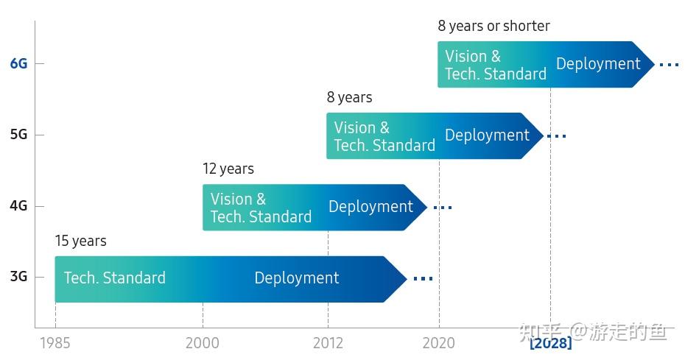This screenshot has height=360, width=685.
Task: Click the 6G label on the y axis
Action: [18, 64]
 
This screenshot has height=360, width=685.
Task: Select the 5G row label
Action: [18, 135]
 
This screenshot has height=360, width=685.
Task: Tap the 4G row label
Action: [18, 206]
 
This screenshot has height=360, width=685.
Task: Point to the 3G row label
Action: [18, 277]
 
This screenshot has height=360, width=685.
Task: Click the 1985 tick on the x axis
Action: [55, 342]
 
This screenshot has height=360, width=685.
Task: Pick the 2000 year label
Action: [203, 342]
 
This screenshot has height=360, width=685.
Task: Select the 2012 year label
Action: [328, 342]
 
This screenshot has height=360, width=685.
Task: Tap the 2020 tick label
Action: [439, 342]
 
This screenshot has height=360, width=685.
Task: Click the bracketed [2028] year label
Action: [550, 342]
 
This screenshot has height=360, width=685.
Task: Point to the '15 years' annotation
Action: [80, 241]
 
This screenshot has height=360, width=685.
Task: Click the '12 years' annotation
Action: [228, 169]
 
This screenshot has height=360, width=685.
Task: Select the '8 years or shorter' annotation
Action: [493, 26]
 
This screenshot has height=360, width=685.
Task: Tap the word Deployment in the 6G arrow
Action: [598, 64]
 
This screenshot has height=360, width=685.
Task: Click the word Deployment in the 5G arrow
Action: [487, 135]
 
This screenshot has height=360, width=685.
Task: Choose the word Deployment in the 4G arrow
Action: [370, 207]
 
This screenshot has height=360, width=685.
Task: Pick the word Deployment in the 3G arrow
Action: [296, 278]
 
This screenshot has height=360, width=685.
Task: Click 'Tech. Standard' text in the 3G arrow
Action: [114, 278]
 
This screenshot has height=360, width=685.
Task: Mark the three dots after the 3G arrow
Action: [423, 278]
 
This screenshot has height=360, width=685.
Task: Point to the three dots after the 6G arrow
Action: [669, 65]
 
